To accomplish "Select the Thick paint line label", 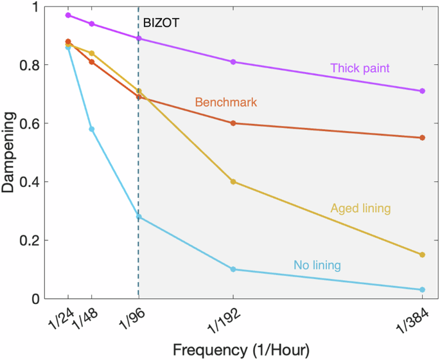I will tap(360, 67).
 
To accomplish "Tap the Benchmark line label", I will tap(225, 102).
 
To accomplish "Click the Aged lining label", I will tap(360, 208).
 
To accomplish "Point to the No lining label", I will tap(317, 264).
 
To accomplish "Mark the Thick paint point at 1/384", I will tap(422, 91).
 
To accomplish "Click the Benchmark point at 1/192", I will tap(233, 123).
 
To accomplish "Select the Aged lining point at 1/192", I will tap(233, 182).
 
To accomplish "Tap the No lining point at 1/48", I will tap(92, 129).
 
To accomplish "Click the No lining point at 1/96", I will tap(139, 217).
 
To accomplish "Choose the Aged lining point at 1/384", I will tap(422, 255).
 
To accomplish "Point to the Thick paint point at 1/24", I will tap(68, 15).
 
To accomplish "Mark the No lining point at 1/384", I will tap(422, 290).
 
